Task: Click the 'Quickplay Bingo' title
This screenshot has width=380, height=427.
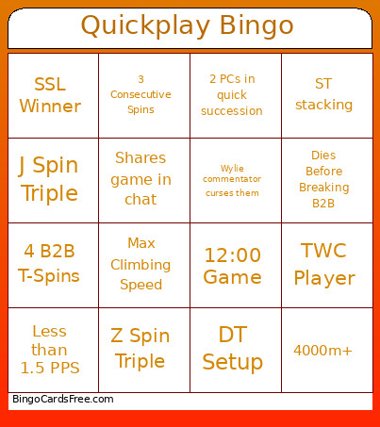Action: tap(187, 25)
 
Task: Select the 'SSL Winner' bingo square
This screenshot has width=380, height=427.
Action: tap(50, 95)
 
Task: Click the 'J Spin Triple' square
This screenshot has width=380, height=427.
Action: tap(50, 180)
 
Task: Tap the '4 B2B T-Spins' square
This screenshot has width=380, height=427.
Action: tap(50, 264)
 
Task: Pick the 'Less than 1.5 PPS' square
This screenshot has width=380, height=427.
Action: tap(50, 350)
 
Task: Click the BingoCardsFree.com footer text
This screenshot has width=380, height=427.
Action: tap(63, 400)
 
